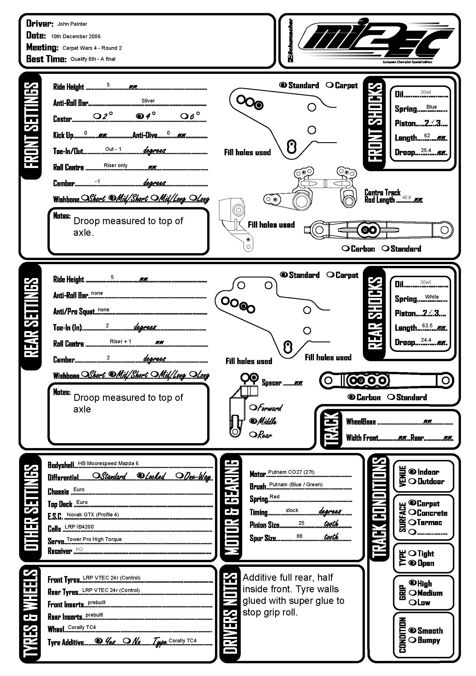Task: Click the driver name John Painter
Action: coord(72,24)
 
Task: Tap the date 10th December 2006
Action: coord(76,36)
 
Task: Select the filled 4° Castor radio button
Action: coord(139,116)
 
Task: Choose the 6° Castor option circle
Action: coord(184,116)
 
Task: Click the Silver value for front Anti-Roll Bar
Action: coord(148,101)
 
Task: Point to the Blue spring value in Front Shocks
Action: coord(431,107)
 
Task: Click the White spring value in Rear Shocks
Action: coord(431,297)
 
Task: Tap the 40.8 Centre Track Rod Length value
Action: coord(406,198)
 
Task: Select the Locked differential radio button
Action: coord(141,475)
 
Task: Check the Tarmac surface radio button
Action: coord(412,522)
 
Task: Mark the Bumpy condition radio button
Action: coord(412,640)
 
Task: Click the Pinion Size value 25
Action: coord(301,523)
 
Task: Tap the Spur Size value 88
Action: coord(299,536)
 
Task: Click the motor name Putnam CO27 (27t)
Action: coord(291,472)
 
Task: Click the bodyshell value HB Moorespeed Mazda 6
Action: coord(108,463)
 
